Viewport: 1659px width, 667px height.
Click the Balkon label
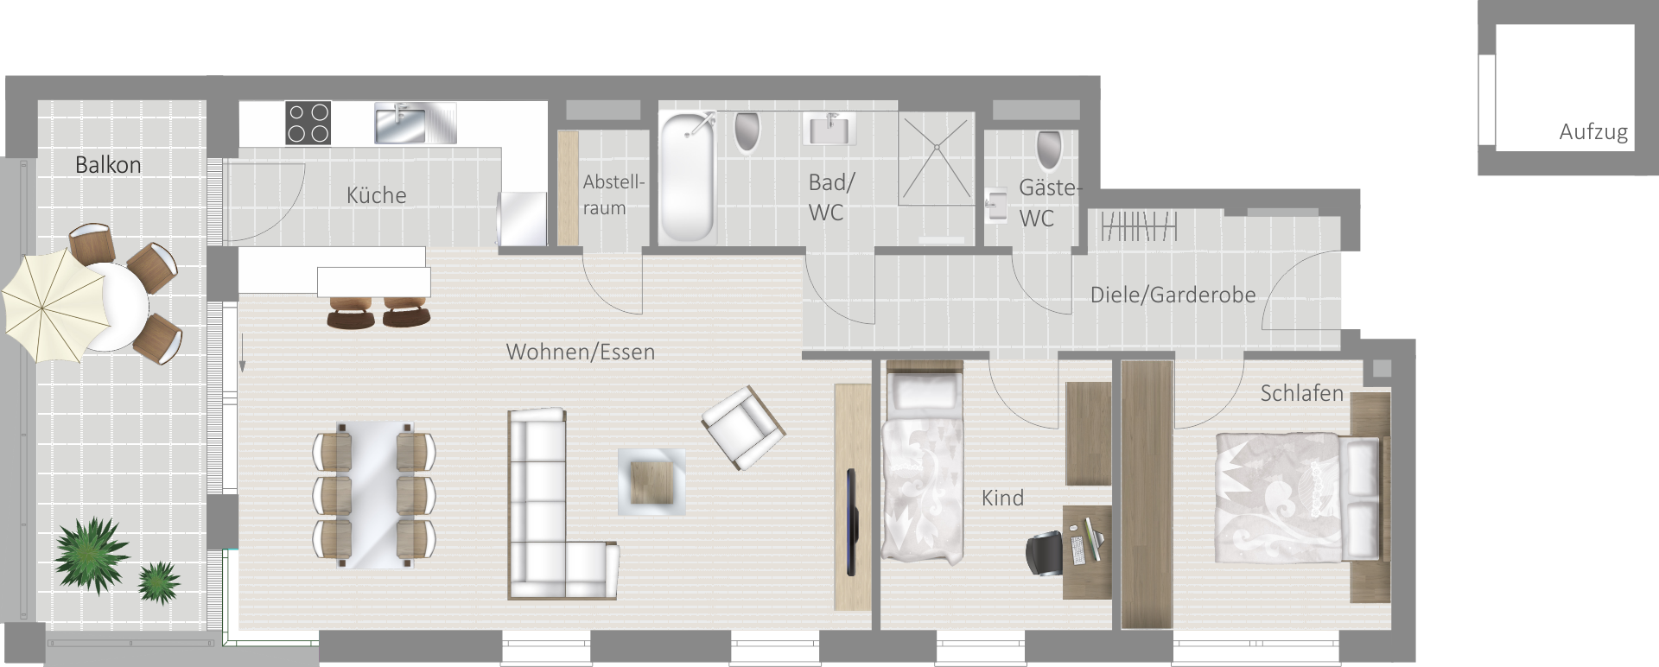coord(108,165)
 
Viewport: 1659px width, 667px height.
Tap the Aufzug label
coord(1593,132)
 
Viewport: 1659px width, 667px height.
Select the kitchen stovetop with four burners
coord(308,123)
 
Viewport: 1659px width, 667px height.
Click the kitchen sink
coord(415,123)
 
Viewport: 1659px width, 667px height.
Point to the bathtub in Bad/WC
coord(688,178)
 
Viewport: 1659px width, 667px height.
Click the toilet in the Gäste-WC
coord(1049,149)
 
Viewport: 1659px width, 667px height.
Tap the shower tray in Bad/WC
coord(936,161)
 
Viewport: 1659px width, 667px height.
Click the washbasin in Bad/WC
coord(830,128)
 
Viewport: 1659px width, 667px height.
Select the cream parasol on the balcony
coord(54,308)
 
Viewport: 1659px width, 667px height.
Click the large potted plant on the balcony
coord(92,554)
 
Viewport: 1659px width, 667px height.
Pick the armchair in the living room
coord(743,427)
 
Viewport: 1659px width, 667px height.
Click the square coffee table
coord(652,482)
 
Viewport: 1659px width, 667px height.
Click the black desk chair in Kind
coord(1047,553)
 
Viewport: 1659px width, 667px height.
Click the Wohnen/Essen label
coord(581,353)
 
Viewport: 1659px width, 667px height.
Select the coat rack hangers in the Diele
coord(1139,227)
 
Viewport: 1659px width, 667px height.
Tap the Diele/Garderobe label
coord(1173,295)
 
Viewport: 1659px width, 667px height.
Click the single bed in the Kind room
coord(922,466)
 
